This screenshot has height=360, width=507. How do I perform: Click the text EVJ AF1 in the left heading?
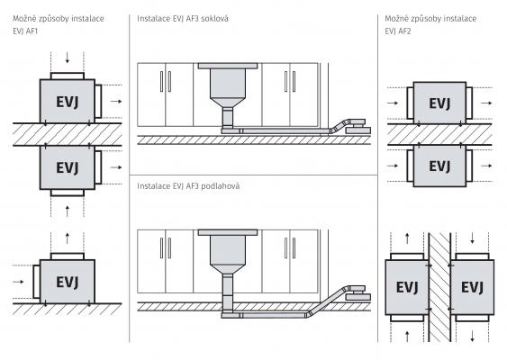(x=25, y=31)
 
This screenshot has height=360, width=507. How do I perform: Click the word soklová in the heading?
(x=214, y=18)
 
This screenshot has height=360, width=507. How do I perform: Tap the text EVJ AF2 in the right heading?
(x=398, y=31)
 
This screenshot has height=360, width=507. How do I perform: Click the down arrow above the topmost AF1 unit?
(x=68, y=58)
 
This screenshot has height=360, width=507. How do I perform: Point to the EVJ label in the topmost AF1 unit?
(x=68, y=102)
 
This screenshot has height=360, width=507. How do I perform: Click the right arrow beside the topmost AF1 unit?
(x=116, y=101)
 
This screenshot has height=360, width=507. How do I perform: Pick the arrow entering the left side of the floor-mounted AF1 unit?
(x=18, y=282)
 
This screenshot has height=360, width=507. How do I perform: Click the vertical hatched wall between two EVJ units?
(x=439, y=287)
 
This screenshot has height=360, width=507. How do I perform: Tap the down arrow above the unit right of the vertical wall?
(x=473, y=238)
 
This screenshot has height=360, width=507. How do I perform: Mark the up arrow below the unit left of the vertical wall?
(x=407, y=337)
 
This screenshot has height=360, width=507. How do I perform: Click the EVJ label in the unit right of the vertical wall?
(x=472, y=287)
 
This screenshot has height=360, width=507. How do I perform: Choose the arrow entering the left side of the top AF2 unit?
(x=393, y=103)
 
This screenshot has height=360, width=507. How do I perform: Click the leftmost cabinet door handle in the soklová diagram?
(x=162, y=82)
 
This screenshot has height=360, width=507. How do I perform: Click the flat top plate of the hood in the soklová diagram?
(x=228, y=66)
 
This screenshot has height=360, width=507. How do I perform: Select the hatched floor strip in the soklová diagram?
(x=254, y=139)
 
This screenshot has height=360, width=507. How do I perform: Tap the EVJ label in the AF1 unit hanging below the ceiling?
(x=68, y=167)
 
